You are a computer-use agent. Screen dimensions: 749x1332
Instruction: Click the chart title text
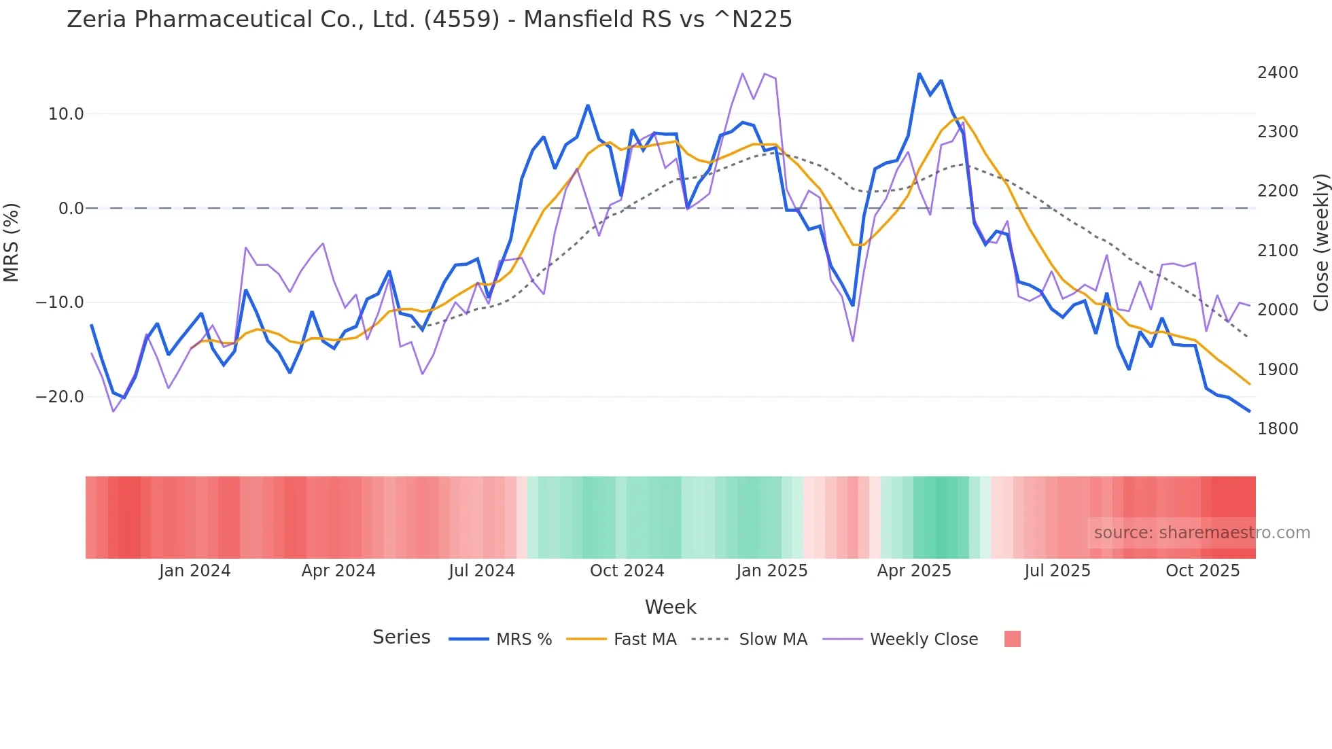click(430, 20)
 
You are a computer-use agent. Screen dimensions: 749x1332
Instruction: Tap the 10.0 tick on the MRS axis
click(66, 114)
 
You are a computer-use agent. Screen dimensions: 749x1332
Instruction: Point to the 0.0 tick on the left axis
click(71, 209)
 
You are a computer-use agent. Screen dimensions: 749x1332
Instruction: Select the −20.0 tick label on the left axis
click(60, 397)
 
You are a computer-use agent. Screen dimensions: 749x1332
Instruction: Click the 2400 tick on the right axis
click(1278, 73)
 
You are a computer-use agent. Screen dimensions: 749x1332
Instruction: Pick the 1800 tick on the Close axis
click(1278, 429)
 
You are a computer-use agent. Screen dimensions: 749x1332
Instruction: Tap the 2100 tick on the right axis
click(1278, 251)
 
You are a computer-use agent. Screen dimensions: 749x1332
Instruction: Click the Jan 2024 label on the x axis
click(195, 571)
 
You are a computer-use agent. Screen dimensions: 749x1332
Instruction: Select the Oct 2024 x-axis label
click(627, 571)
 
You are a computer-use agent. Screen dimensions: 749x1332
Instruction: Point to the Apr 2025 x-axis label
click(914, 571)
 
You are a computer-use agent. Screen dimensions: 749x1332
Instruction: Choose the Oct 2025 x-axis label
click(1203, 571)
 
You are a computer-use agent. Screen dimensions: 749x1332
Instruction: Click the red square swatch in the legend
click(1013, 639)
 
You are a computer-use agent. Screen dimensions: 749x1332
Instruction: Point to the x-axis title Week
click(671, 607)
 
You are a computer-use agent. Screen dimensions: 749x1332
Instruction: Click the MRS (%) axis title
click(12, 243)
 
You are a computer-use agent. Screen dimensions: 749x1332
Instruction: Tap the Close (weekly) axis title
click(1320, 243)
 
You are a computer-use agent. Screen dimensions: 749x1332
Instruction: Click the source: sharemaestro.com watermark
click(1202, 533)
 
